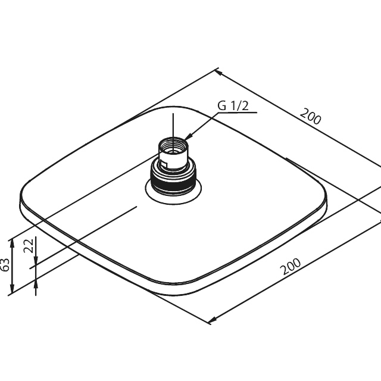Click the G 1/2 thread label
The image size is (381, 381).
pos(233,106)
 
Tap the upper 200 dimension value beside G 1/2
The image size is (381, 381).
pos(310,117)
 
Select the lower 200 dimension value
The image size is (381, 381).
pos(291,266)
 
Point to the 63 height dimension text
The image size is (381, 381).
pos(5,264)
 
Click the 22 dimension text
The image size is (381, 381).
pos(29,246)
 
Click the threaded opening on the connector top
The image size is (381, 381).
pos(173,145)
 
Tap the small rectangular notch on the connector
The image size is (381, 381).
pos(164,164)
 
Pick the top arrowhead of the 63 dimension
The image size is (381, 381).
pos(11,243)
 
